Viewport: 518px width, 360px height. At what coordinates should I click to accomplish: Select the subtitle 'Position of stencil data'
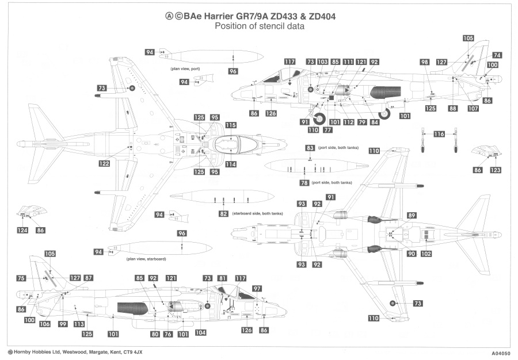[x=260, y=27]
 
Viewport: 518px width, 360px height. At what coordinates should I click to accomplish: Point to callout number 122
[x=104, y=163]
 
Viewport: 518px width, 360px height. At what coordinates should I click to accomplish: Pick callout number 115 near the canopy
[x=231, y=125]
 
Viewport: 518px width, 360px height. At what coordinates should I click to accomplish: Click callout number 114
[x=231, y=164]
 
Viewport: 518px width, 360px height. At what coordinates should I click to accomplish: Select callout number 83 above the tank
[x=310, y=148]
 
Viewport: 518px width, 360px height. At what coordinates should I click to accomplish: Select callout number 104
[x=200, y=332]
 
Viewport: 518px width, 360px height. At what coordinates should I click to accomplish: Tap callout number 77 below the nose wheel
[x=327, y=130]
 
